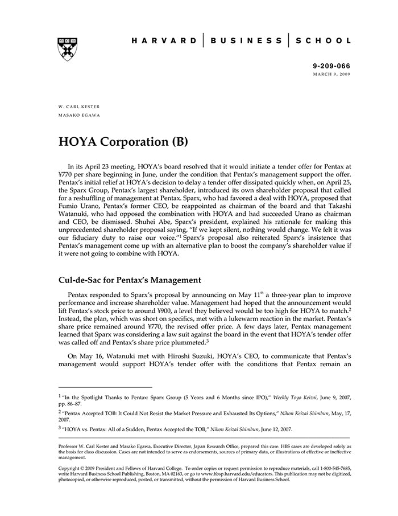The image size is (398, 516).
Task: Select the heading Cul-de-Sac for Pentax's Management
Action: (x=130, y=280)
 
